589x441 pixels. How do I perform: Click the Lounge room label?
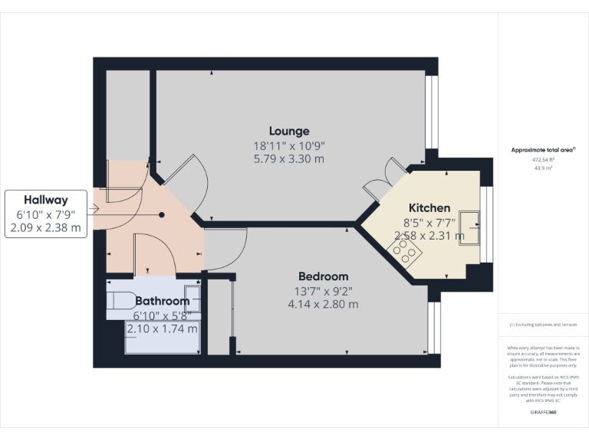click(x=289, y=131)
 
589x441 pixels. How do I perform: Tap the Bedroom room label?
click(x=322, y=276)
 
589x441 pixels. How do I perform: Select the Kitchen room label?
click(x=429, y=208)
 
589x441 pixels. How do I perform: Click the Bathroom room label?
click(x=162, y=302)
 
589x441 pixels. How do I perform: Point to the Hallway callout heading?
click(x=44, y=199)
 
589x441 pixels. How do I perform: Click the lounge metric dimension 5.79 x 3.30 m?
click(x=289, y=159)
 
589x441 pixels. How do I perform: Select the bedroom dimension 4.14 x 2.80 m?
click(x=322, y=304)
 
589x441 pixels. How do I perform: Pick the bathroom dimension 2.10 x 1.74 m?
click(x=162, y=328)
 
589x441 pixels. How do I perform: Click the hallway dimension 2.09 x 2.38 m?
click(x=44, y=227)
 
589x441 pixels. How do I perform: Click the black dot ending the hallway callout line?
click(x=162, y=215)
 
